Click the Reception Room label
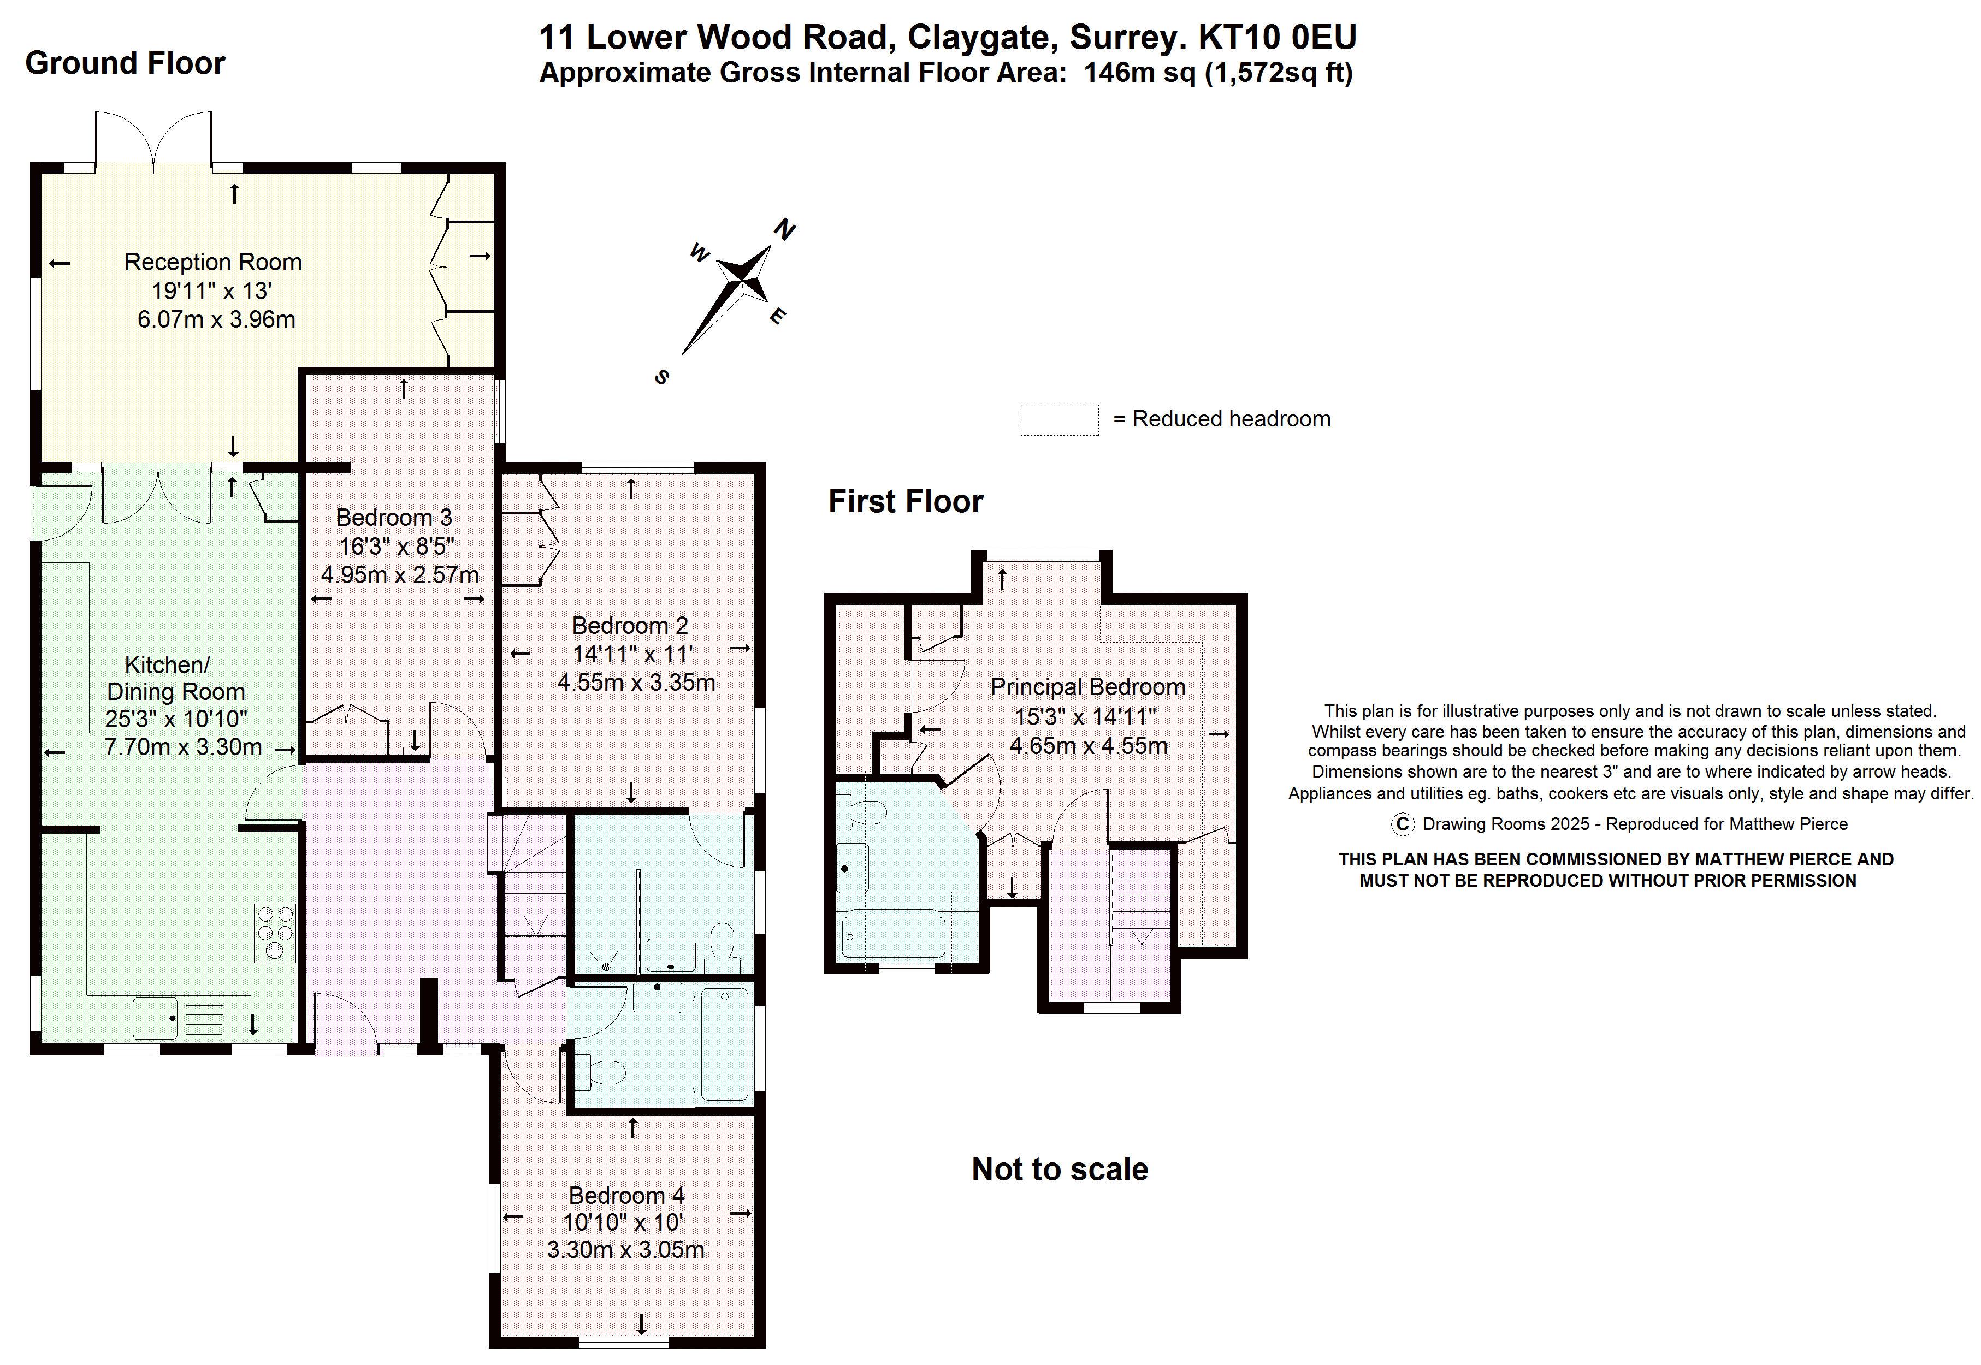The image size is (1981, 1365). [213, 262]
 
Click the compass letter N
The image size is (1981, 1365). [784, 229]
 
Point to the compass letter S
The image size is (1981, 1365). [661, 377]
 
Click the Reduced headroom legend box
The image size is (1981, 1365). [1059, 419]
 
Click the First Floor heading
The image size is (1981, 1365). [905, 501]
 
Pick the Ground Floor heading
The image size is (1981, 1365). [125, 63]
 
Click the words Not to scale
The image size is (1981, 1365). [1059, 1169]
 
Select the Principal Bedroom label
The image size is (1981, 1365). [1087, 687]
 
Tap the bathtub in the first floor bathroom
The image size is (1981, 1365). [893, 937]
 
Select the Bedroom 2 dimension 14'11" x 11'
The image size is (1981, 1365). [631, 654]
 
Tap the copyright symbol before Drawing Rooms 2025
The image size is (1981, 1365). [1402, 823]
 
